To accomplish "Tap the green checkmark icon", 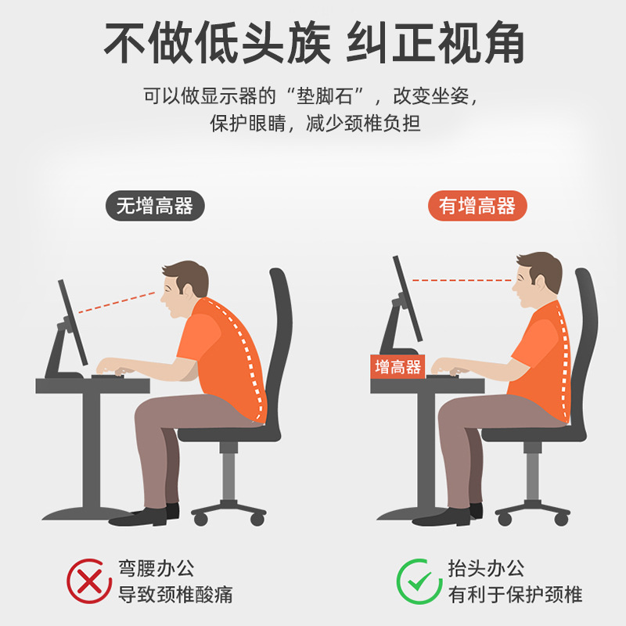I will coord(419,581).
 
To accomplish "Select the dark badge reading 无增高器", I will coord(154,207).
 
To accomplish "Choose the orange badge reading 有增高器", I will coord(477,207).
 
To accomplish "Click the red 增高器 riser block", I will coord(398,367).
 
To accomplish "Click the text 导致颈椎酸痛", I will coord(175,594).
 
